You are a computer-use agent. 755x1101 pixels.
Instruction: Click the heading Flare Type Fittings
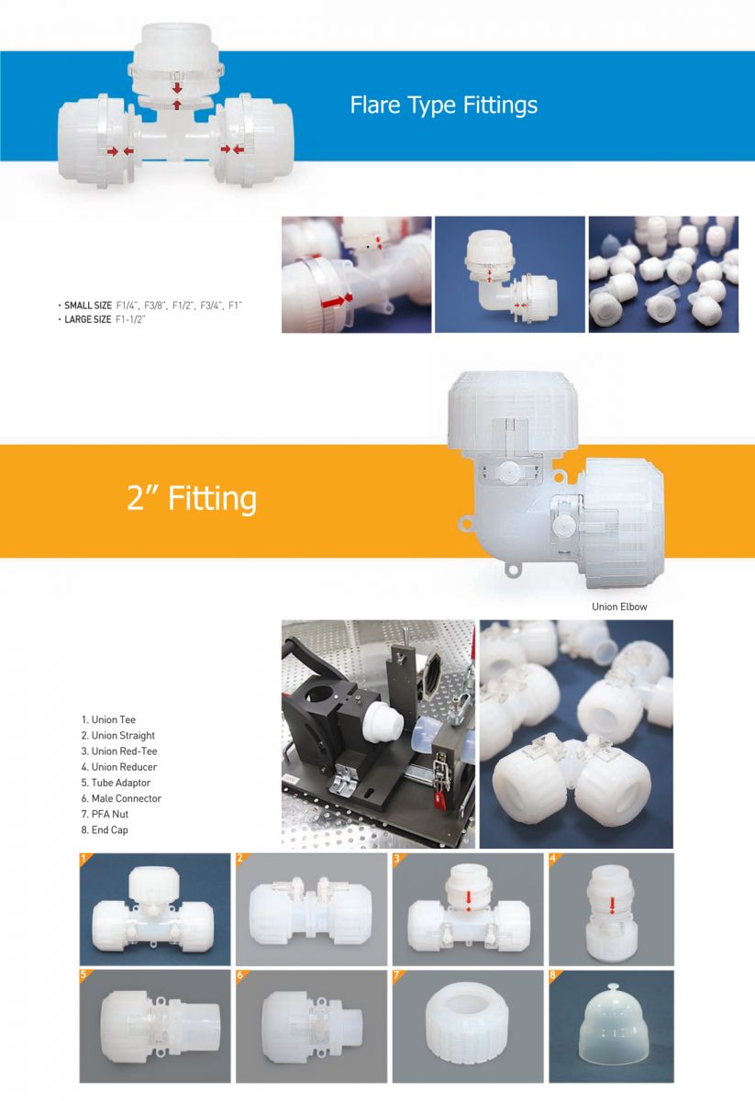tap(443, 106)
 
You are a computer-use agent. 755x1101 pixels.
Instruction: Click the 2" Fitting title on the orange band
tap(192, 498)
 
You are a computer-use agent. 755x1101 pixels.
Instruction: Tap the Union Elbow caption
tap(619, 606)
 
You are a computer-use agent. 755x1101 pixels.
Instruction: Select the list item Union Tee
tap(108, 719)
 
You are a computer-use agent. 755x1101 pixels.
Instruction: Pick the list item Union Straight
tap(118, 735)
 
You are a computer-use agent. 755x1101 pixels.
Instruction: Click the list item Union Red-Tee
tap(119, 751)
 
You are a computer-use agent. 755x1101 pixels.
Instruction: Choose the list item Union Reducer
tap(119, 767)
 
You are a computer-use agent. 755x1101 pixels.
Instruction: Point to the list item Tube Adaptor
tap(116, 783)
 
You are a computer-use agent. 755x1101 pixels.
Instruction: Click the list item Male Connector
tap(121, 798)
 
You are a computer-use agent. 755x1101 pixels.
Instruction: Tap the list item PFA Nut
tap(105, 814)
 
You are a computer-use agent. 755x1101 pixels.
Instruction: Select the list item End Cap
tap(105, 830)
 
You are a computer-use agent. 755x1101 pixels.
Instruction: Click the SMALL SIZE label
tap(88, 306)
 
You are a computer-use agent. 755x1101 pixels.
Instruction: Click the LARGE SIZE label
tap(87, 319)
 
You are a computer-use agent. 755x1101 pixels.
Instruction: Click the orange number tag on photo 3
tap(396, 858)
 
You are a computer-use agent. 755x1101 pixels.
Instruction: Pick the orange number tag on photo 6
tap(240, 974)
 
